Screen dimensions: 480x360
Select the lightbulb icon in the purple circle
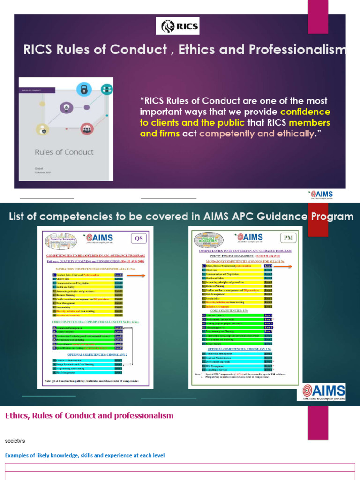click(x=67, y=107)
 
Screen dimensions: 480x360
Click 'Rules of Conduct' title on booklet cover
click(x=64, y=152)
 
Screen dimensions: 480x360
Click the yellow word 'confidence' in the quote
click(x=305, y=112)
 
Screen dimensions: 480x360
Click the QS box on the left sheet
click(x=139, y=238)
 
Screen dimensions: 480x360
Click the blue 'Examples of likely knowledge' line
click(x=85, y=455)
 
